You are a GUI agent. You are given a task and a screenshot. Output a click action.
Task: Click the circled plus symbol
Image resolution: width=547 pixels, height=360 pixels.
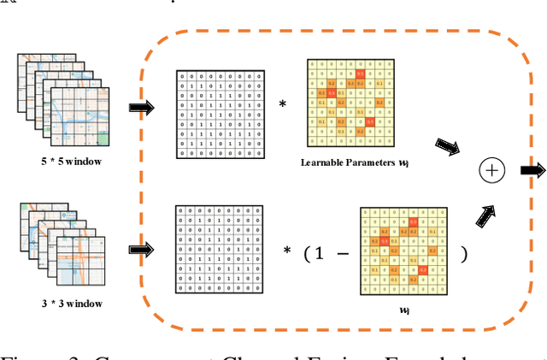(x=494, y=171)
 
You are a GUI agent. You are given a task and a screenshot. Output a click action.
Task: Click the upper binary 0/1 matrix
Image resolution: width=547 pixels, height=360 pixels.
(x=217, y=112)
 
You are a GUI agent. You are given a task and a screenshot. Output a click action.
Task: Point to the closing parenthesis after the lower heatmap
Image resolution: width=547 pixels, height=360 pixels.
(x=464, y=254)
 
